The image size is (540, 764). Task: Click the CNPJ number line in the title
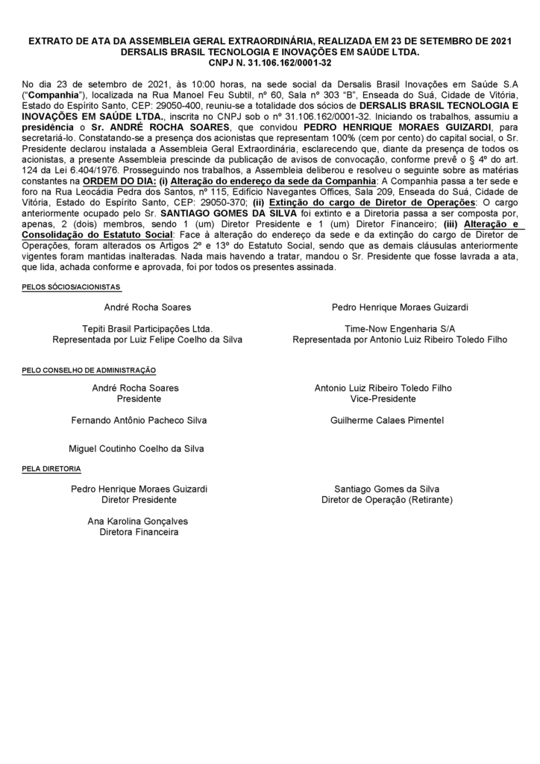(269, 63)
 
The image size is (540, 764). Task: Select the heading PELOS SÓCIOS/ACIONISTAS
(72, 287)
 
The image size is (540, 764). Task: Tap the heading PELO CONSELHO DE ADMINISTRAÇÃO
(89, 370)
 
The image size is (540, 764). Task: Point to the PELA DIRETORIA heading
(51, 469)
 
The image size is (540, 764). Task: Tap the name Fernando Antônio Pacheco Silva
(139, 421)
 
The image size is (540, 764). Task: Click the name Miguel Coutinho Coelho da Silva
(136, 448)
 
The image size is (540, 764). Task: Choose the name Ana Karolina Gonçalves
(139, 522)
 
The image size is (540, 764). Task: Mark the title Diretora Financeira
(139, 532)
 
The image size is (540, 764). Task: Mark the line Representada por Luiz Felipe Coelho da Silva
(147, 339)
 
